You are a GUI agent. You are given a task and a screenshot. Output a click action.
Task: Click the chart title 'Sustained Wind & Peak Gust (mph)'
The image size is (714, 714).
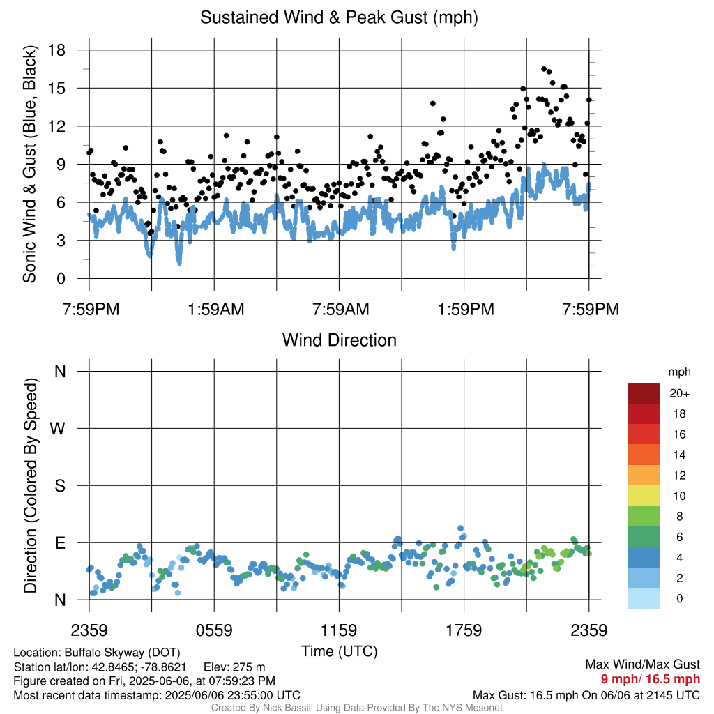click(340, 17)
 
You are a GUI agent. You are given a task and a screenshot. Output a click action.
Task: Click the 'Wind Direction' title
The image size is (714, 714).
click(340, 340)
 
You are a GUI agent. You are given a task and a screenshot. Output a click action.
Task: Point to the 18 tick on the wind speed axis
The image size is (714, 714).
click(57, 50)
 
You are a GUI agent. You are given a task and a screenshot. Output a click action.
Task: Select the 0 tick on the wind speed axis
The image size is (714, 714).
click(61, 279)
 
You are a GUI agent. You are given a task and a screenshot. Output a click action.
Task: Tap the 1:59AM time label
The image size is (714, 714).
click(216, 310)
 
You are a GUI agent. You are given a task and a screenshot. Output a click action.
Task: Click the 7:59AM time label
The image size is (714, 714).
click(340, 310)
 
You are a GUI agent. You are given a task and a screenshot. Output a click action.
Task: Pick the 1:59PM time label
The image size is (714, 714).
click(466, 310)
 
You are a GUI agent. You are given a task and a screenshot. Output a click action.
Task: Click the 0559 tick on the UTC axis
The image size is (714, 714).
click(214, 630)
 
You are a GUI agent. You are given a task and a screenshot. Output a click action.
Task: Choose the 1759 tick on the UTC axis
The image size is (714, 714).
click(464, 630)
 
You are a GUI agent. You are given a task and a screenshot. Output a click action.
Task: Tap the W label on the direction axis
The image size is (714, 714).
click(57, 429)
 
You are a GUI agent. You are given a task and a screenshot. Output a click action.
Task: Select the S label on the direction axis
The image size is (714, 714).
click(60, 486)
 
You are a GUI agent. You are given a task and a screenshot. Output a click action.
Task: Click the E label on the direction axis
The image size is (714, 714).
click(61, 543)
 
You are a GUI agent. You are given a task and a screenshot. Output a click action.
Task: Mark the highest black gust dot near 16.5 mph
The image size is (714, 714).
click(544, 69)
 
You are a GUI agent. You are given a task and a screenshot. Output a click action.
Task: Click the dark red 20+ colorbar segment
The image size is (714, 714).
click(644, 393)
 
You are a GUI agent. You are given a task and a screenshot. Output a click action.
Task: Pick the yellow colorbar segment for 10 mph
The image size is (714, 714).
click(644, 496)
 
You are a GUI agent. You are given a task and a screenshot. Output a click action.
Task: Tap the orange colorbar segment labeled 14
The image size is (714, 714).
click(644, 455)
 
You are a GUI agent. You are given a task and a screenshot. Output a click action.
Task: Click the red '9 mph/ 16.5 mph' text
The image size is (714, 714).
click(651, 679)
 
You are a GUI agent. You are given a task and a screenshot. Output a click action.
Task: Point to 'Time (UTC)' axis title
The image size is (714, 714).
click(340, 652)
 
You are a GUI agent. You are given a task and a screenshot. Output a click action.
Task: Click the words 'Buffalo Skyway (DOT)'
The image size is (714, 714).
click(123, 653)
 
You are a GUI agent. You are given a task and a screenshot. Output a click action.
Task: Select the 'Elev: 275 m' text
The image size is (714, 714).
click(234, 667)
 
